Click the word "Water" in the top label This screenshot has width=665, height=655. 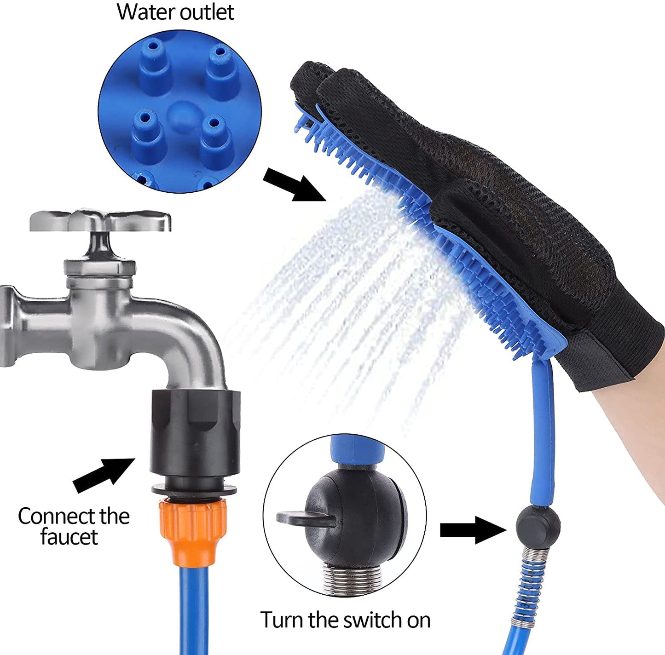click(x=145, y=12)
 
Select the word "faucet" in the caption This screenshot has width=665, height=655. click(x=69, y=537)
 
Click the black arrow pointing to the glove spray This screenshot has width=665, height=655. click(x=295, y=183)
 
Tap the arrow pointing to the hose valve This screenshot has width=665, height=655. click(x=473, y=530)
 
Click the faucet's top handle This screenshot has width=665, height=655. click(x=100, y=221)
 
